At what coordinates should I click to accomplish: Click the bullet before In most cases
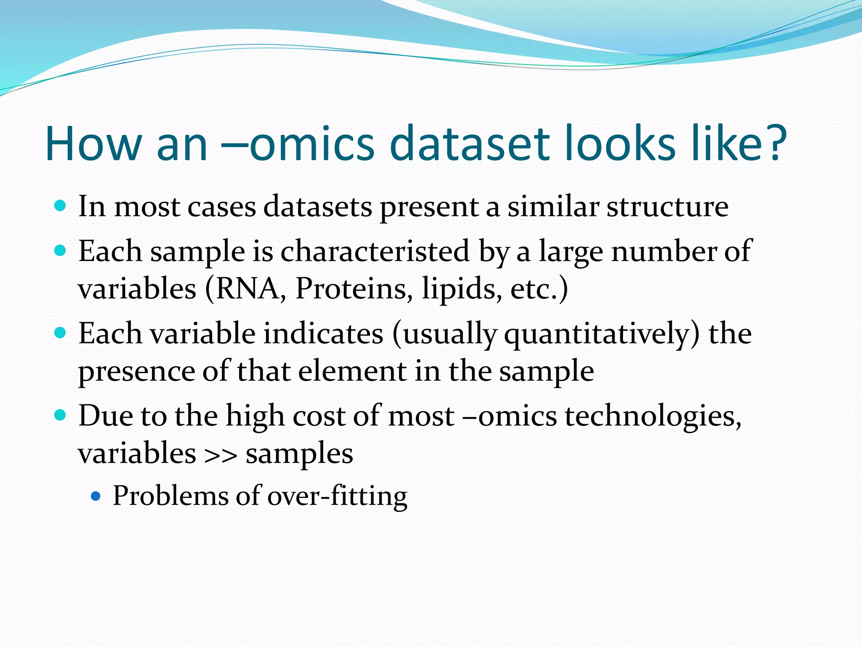[x=61, y=206]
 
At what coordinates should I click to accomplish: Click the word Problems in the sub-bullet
[x=170, y=496]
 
